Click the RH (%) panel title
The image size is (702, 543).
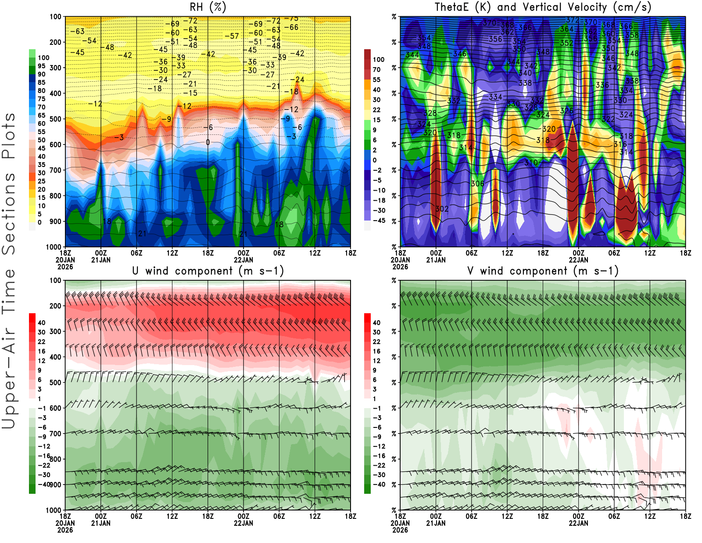pos(208,7)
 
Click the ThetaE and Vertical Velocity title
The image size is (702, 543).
pos(543,7)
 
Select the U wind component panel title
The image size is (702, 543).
pos(208,271)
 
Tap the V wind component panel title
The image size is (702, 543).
pos(543,271)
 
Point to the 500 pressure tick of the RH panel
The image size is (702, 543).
pos(56,119)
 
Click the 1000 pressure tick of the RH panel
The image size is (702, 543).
pos(54,247)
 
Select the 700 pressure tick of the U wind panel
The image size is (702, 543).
pos(56,434)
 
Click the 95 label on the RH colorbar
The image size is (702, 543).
pos(41,66)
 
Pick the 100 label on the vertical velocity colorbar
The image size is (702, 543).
pos(378,60)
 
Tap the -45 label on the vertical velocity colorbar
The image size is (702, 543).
pos(379,221)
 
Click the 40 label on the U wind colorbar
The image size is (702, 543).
pos(41,323)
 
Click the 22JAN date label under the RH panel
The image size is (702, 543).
pos(244,260)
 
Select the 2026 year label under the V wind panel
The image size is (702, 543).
pos(400,530)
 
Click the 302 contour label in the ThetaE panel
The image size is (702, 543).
pos(442,209)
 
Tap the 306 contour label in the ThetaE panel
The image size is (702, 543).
pos(477,184)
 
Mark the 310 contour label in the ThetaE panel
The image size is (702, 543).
pos(531,163)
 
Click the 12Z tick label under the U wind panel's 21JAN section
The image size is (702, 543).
pos(172,516)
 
